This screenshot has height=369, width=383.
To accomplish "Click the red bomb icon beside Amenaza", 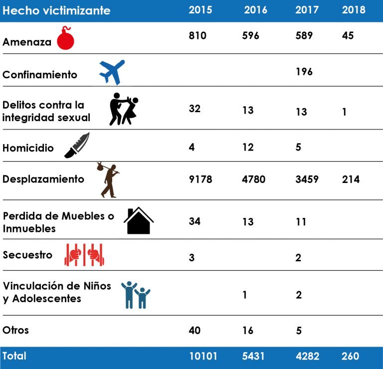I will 65,38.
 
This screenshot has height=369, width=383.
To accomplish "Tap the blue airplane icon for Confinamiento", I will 112,72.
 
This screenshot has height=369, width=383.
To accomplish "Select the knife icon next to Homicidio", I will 77,146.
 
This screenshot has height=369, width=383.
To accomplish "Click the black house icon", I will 139,221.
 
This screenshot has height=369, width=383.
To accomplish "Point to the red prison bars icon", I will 84,254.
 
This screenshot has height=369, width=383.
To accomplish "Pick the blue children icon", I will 136,294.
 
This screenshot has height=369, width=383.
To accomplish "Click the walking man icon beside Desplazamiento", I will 108,180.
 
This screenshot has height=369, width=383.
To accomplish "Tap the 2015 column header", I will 200,10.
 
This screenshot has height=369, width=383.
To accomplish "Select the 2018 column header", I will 354,10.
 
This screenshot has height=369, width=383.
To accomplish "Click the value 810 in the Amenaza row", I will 197,36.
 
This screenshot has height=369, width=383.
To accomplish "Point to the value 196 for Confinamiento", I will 304,72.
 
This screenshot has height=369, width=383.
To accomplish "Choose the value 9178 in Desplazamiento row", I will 200,179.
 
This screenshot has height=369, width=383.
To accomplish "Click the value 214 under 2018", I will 351,179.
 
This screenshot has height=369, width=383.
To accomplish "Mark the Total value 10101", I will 203,357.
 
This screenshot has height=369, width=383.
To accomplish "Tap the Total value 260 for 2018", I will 351,357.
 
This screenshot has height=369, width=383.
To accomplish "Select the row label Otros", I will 16,330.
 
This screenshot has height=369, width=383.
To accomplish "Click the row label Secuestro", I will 27,255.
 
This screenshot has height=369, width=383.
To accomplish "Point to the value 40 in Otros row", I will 194,330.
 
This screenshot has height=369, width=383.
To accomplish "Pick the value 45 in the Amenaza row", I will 348,36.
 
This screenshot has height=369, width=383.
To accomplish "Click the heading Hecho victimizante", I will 56,10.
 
